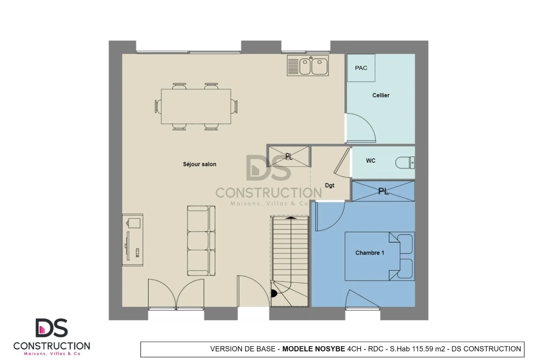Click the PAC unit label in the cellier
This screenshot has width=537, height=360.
pos(361,68)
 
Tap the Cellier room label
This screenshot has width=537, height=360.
pos(381,95)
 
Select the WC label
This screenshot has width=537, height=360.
pos(370,161)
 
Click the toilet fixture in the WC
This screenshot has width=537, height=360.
pos(405,162)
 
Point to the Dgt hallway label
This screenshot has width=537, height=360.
pos(330,185)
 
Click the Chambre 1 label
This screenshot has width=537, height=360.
pos(369,253)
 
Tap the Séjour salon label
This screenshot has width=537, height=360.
pos(199,164)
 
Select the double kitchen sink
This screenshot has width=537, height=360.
pos(308,66)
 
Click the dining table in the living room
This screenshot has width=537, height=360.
pos(196,106)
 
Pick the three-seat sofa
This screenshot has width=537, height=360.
pos(201,241)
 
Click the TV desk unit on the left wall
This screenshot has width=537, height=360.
pos(133,240)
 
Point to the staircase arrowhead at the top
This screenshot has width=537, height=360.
pos(291,217)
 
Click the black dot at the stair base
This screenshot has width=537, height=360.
pos(274,293)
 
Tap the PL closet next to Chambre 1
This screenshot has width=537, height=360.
pos(383,191)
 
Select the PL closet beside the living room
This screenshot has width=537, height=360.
pos(289,156)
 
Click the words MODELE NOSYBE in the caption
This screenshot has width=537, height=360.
pos(313,349)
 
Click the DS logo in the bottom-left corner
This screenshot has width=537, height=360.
pos(52,328)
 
